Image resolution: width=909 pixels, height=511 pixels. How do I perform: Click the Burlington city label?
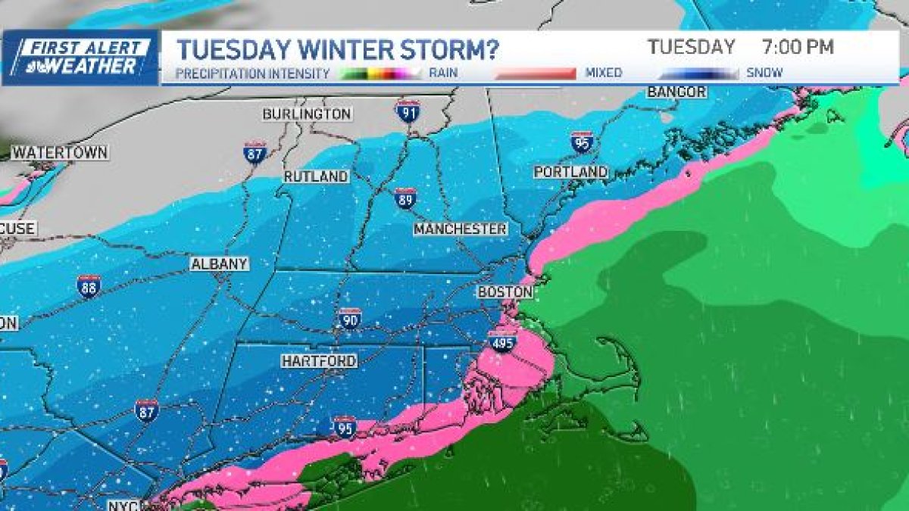[x=307, y=114]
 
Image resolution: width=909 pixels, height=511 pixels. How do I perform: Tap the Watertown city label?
[x=60, y=152]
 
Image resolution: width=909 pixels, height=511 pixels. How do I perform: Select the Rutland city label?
[x=316, y=176]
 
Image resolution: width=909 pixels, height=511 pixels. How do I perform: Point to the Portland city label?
[x=570, y=172]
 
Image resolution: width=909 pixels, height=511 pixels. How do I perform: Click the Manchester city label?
[x=461, y=229]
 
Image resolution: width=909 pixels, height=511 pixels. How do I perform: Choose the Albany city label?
[x=219, y=264]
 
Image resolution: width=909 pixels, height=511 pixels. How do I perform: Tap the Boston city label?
[x=504, y=292]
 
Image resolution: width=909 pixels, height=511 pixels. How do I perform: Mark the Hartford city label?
[x=319, y=361]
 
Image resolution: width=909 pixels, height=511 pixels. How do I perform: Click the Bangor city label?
[x=676, y=92]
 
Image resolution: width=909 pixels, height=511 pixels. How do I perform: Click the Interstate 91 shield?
[x=407, y=111]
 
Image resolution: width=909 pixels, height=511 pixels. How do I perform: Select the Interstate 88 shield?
[x=89, y=286]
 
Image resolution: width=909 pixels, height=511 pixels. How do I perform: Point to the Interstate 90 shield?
[x=349, y=319]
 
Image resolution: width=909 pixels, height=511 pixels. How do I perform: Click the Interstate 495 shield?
[x=501, y=341]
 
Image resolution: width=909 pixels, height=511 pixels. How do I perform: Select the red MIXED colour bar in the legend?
[x=536, y=73]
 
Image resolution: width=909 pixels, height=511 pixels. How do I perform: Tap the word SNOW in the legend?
[x=765, y=73]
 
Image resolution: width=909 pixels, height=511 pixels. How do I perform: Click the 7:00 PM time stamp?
[x=797, y=47]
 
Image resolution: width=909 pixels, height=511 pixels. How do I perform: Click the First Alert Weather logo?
[x=80, y=58]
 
